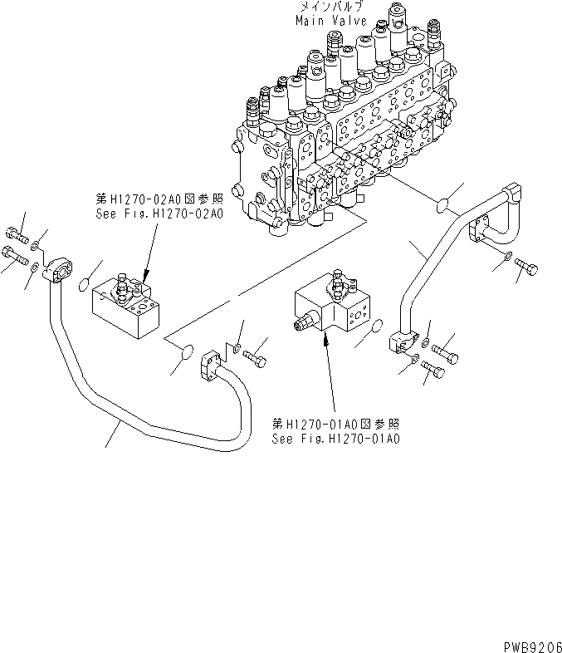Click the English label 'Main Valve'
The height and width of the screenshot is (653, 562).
click(325, 19)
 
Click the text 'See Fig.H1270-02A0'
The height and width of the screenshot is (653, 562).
click(159, 214)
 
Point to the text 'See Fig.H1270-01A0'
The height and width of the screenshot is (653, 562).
click(335, 438)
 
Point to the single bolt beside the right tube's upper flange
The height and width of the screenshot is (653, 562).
click(528, 265)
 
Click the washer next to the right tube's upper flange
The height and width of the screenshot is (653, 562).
click(510, 254)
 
